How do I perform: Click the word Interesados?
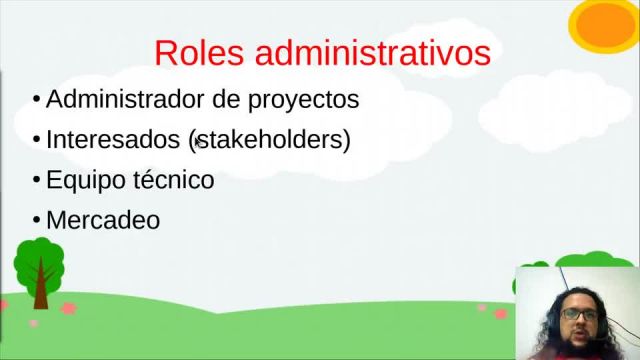click(113, 140)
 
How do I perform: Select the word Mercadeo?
click(103, 220)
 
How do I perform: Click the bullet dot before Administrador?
click(36, 101)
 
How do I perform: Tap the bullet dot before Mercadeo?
click(36, 221)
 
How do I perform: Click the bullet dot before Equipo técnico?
click(36, 181)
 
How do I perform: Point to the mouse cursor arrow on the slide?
click(199, 143)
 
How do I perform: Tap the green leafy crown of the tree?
click(39, 259)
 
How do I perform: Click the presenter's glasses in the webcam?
click(577, 313)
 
